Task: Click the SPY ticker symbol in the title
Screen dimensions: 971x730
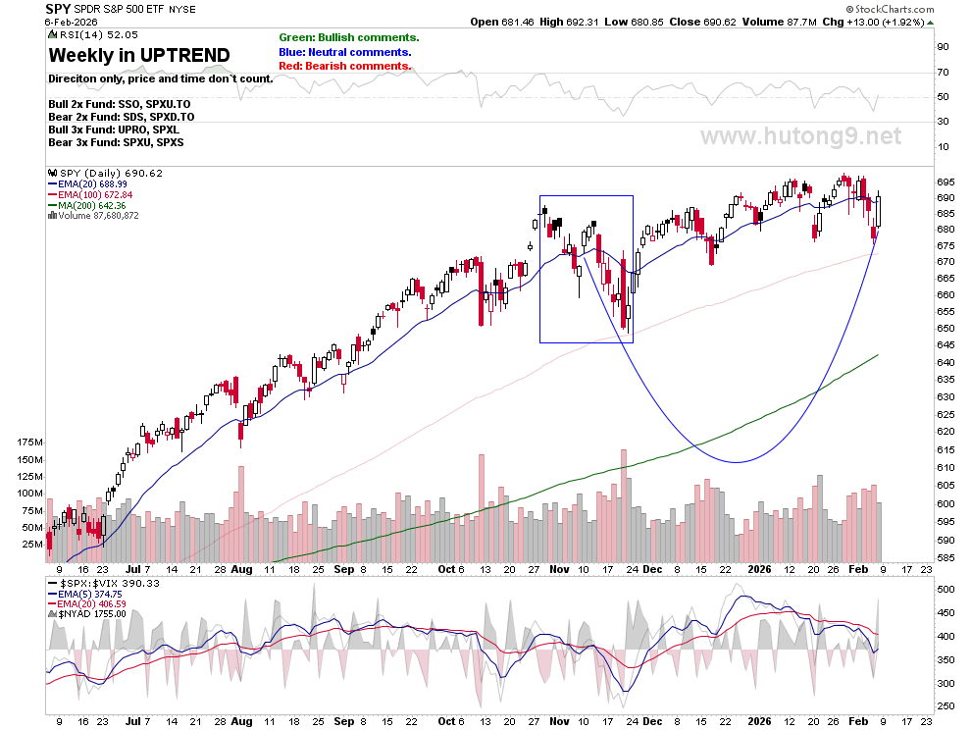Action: click(x=58, y=9)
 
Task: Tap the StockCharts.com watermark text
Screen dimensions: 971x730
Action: click(x=890, y=9)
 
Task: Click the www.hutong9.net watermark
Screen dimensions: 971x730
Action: click(x=800, y=135)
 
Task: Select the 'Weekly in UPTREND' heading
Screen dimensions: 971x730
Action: click(x=139, y=55)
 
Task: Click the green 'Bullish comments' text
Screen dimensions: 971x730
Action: click(x=348, y=38)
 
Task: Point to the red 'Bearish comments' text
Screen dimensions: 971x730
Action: click(x=344, y=66)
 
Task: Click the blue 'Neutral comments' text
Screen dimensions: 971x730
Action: click(x=345, y=52)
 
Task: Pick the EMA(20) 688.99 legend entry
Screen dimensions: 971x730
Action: click(x=87, y=184)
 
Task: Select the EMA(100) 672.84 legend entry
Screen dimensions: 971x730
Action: click(x=90, y=194)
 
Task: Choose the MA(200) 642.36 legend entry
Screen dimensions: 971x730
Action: click(x=86, y=205)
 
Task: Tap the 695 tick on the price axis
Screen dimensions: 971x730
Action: click(x=945, y=182)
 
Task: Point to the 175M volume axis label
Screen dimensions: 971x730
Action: click(x=30, y=443)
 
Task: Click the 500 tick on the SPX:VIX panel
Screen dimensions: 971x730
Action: click(x=945, y=589)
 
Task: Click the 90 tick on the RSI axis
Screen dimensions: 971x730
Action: click(x=943, y=47)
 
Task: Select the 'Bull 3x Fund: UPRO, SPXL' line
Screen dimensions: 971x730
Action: click(x=114, y=130)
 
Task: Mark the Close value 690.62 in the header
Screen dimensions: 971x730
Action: click(x=703, y=22)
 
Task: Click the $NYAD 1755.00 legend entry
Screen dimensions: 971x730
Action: click(x=86, y=614)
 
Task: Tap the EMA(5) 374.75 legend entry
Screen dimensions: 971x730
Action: click(x=86, y=594)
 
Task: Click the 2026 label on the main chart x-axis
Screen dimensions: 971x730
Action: click(x=759, y=569)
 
